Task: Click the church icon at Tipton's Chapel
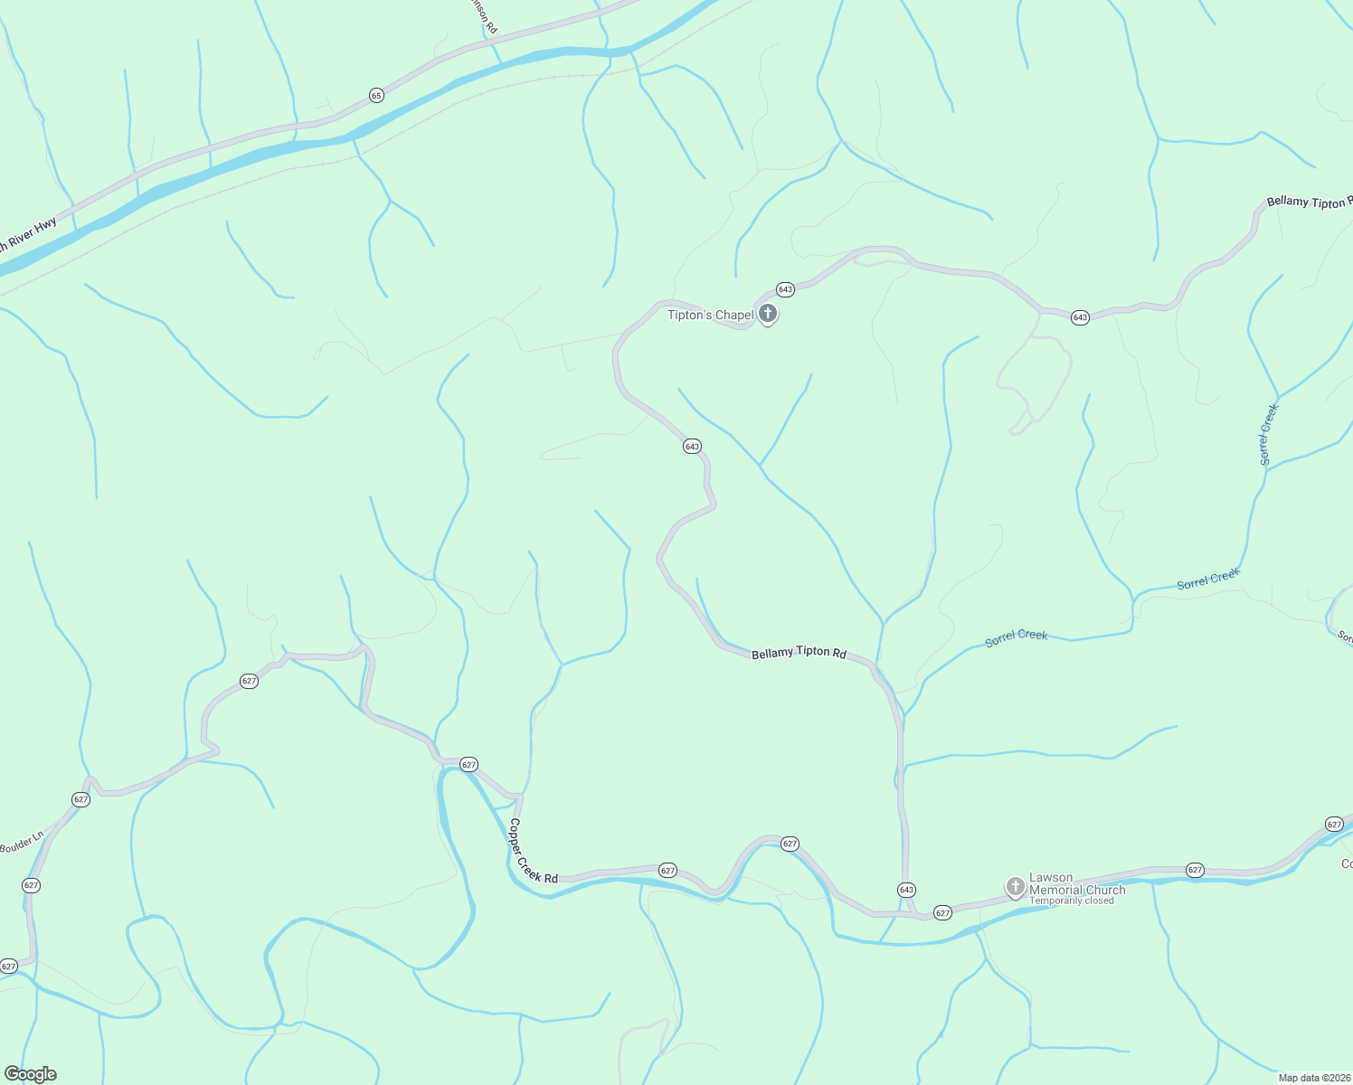pyautogui.click(x=768, y=315)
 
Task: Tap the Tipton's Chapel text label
pyautogui.click(x=710, y=315)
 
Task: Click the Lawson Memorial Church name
pyautogui.click(x=1077, y=883)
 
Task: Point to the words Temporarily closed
pyautogui.click(x=1071, y=901)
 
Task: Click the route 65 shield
pyautogui.click(x=376, y=95)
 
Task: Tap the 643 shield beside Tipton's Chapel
pyautogui.click(x=785, y=289)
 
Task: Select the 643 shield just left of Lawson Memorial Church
pyautogui.click(x=906, y=890)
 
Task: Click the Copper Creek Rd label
pyautogui.click(x=533, y=852)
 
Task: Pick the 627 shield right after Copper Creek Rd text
pyautogui.click(x=667, y=871)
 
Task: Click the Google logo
pyautogui.click(x=31, y=1074)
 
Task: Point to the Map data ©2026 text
pyautogui.click(x=1314, y=1078)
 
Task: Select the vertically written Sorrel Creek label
pyautogui.click(x=1269, y=435)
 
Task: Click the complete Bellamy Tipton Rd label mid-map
pyautogui.click(x=799, y=653)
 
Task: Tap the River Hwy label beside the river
pyautogui.click(x=28, y=234)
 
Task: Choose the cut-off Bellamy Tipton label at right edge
pyautogui.click(x=1309, y=202)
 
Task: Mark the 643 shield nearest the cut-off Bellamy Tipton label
pyautogui.click(x=1080, y=317)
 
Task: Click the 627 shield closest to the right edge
pyautogui.click(x=1334, y=824)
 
